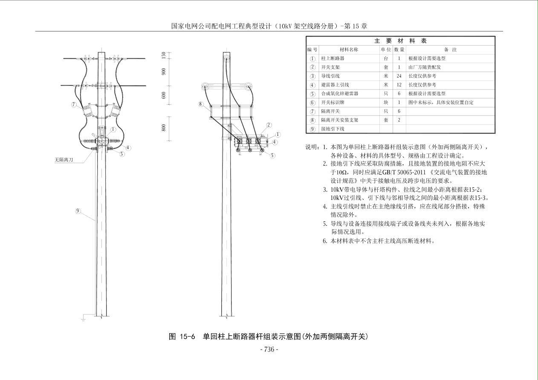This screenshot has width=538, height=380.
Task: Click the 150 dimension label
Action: [164, 55]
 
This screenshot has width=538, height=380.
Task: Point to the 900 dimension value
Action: [164, 72]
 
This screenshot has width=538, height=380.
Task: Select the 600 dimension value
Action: [164, 95]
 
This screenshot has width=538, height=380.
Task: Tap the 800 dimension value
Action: [164, 127]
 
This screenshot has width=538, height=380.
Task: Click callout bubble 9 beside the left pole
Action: [78, 211]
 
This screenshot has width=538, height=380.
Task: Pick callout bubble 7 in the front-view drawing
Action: [74, 104]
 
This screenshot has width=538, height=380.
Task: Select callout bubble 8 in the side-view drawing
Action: [200, 104]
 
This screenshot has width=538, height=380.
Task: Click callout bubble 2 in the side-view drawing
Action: [269, 125]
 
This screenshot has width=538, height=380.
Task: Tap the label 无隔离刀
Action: [64, 160]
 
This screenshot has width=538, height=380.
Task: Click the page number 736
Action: [269, 350]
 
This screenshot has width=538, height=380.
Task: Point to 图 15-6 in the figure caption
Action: [182, 337]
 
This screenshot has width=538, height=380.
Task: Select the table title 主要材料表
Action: [400, 41]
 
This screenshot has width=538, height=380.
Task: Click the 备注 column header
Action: [450, 49]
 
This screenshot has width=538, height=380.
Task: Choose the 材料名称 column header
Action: [349, 49]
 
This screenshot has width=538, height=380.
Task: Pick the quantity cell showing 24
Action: [399, 76]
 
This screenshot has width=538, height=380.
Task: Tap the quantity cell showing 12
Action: [399, 85]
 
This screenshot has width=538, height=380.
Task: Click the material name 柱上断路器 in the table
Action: [333, 58]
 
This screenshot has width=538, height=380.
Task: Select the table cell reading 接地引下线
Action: [333, 129]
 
